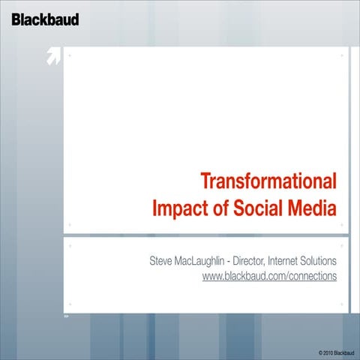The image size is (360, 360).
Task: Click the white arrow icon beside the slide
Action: pyautogui.click(x=52, y=57)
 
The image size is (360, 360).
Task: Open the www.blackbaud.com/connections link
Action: pyautogui.click(x=269, y=277)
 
